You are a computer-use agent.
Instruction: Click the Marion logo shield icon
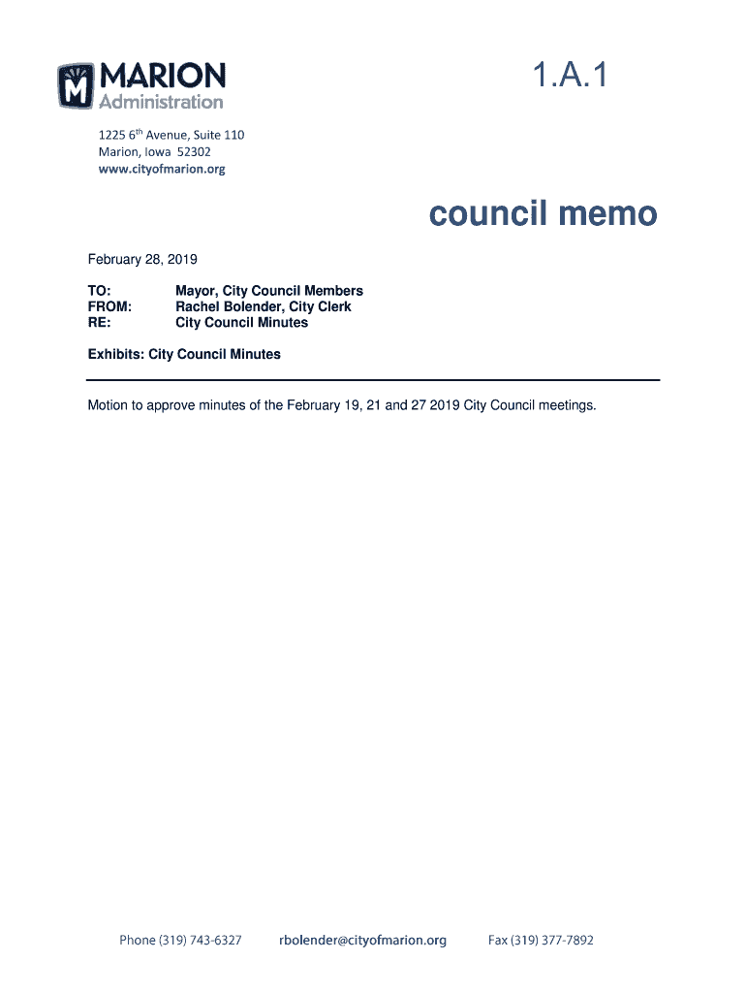(76, 85)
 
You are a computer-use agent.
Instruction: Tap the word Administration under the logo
(161, 102)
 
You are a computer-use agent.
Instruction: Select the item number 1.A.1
(569, 76)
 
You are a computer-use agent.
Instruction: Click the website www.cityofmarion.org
(162, 169)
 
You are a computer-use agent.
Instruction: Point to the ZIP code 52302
(192, 152)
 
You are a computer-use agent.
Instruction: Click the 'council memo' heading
(544, 213)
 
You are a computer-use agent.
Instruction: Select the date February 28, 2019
(142, 259)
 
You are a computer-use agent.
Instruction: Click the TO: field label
(100, 291)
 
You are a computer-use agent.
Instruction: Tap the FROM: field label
(109, 306)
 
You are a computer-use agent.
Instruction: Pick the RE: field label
(99, 322)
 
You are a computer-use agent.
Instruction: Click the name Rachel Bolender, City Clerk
(263, 306)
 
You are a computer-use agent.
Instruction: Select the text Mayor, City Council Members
(268, 291)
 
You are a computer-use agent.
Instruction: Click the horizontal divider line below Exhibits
(373, 379)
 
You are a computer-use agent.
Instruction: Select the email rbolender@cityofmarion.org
(362, 940)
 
